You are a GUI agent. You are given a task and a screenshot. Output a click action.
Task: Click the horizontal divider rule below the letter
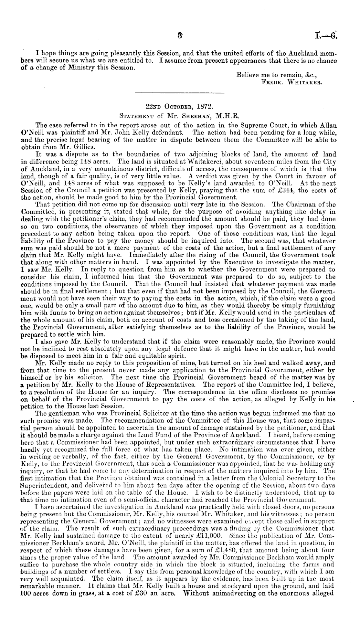179,94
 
